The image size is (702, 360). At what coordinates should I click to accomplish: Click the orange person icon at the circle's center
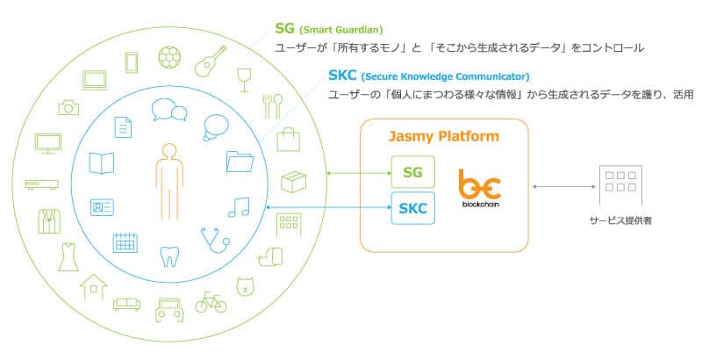point(169,182)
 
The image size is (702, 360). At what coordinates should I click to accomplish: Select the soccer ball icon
point(169,57)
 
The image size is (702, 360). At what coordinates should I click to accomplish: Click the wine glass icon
point(244,80)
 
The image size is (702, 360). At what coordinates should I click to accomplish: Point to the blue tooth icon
point(169,256)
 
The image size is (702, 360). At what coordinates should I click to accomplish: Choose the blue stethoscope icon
point(215,240)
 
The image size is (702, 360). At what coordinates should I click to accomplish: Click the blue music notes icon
point(239,207)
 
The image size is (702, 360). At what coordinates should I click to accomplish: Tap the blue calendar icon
point(125,242)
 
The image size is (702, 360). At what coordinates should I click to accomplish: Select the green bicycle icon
point(211,302)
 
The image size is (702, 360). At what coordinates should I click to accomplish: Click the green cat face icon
point(245,286)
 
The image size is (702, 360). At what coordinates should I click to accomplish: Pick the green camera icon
point(68,107)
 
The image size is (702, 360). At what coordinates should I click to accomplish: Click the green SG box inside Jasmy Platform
point(412,172)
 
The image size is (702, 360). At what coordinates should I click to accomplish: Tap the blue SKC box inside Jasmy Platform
point(412,208)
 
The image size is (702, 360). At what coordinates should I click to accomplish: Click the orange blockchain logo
point(480,188)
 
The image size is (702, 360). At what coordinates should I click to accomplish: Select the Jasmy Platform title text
point(444,136)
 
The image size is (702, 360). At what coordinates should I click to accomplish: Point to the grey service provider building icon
point(620,185)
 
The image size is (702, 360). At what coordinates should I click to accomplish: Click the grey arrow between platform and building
point(564,187)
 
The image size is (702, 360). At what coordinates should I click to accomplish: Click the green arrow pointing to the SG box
point(359,173)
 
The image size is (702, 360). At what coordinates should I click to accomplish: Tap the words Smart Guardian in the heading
point(341,31)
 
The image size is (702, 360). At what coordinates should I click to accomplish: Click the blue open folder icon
point(240,162)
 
